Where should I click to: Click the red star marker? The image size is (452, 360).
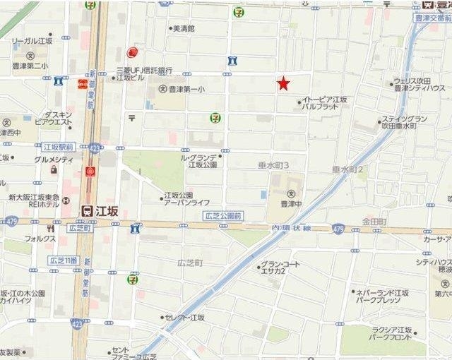(283, 84)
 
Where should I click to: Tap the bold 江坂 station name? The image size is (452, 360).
(107, 210)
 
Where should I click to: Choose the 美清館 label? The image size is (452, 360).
(184, 29)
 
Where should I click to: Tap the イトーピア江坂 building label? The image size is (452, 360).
(324, 100)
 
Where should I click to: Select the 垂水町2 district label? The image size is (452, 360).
(347, 169)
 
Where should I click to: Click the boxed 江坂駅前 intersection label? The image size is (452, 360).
(59, 147)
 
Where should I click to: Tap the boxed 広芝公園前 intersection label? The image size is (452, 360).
(222, 215)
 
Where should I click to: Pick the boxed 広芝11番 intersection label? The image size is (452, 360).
(62, 260)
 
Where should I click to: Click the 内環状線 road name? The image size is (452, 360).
(291, 227)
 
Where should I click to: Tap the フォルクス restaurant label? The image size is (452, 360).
(41, 239)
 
